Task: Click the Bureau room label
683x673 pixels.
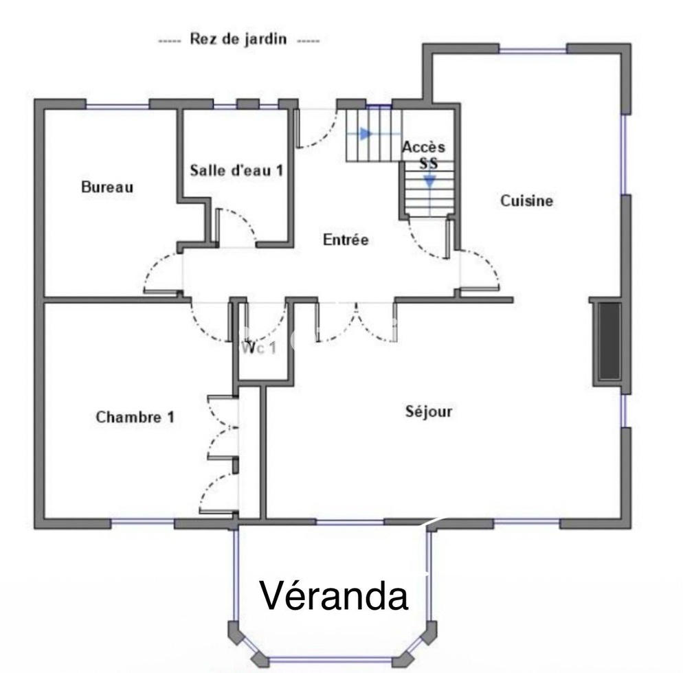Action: click(x=107, y=187)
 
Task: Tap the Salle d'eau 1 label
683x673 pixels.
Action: click(x=236, y=170)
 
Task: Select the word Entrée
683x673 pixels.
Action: click(x=346, y=240)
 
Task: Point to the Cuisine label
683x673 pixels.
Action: click(x=526, y=201)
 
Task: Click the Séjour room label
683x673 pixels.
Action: click(x=428, y=411)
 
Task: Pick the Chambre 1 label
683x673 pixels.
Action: click(x=135, y=417)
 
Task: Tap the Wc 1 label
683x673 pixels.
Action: click(x=259, y=347)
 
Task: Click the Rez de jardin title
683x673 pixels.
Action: click(x=238, y=39)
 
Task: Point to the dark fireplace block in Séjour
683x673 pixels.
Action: click(x=608, y=341)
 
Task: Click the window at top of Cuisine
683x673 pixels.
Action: click(x=533, y=49)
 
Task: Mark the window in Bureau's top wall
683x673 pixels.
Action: click(x=117, y=105)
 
